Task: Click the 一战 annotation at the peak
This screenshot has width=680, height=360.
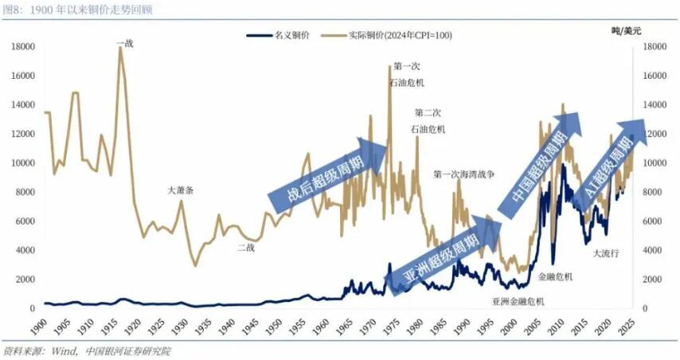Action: tap(124, 43)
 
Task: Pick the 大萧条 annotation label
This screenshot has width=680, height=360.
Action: tap(180, 191)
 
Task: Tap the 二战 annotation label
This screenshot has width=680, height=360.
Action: tap(246, 248)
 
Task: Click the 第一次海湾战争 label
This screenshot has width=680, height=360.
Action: tap(468, 174)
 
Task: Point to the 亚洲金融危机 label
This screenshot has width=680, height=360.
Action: tap(518, 301)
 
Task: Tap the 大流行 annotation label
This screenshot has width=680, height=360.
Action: tap(607, 253)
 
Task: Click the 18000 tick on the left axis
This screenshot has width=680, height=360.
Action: tap(22, 47)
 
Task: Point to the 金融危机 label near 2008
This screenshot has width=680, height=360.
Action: tap(555, 276)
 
